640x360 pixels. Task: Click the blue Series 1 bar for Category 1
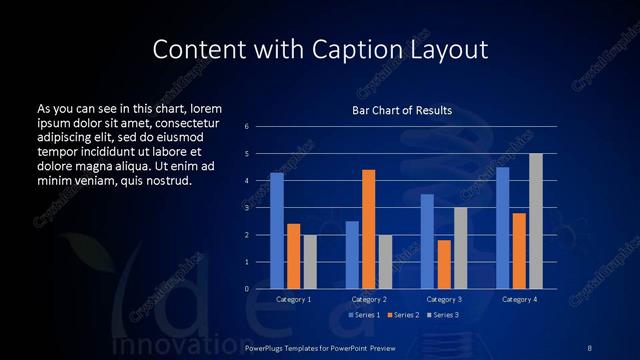(x=277, y=231)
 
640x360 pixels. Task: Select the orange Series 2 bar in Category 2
(x=368, y=229)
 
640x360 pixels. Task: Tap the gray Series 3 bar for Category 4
(x=536, y=221)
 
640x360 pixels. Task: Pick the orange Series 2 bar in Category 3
(x=444, y=264)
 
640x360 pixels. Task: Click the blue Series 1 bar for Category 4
(x=503, y=228)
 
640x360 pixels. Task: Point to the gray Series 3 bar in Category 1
(x=310, y=262)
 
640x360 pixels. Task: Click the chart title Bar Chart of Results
(x=403, y=110)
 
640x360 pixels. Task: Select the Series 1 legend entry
(x=362, y=315)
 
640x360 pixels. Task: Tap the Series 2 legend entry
(x=402, y=315)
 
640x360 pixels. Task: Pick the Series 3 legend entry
(x=442, y=315)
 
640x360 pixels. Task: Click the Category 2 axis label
(x=369, y=300)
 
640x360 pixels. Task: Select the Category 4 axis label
(x=519, y=300)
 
